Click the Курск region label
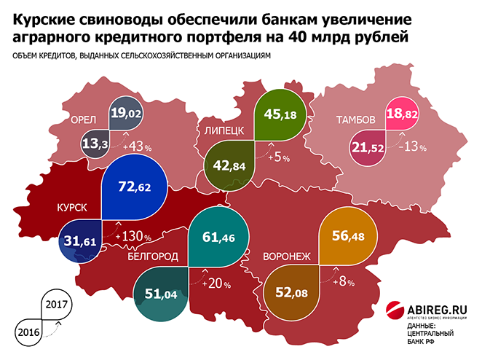(72, 208)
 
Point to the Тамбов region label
(355, 119)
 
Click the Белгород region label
(153, 257)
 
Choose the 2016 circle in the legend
(28, 330)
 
